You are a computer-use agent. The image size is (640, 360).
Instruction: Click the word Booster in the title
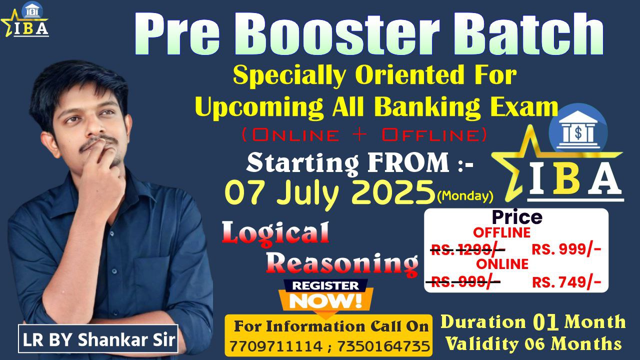click(x=340, y=35)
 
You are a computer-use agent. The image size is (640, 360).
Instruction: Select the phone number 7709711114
click(x=275, y=346)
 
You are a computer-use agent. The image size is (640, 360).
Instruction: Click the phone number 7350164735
click(x=383, y=346)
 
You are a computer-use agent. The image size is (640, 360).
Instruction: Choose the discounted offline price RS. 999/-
click(x=566, y=250)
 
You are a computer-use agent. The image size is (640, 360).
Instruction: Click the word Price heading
click(x=517, y=217)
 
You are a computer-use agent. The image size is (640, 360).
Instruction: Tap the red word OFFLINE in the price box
click(x=501, y=232)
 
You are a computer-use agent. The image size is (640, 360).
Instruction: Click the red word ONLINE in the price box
click(x=502, y=264)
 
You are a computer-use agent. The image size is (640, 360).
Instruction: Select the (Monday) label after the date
click(x=465, y=196)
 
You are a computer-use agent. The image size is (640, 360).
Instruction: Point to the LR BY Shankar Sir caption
click(x=98, y=339)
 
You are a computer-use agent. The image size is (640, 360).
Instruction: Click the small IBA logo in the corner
click(x=25, y=20)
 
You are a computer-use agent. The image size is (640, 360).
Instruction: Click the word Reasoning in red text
click(x=342, y=264)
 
